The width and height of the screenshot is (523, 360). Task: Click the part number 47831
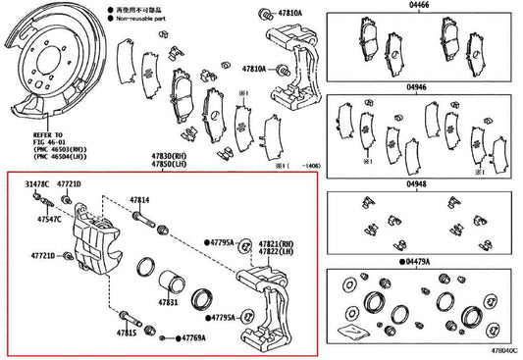coord(168,304)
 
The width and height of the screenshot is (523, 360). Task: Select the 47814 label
coord(140,201)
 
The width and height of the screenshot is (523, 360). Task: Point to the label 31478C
coord(37,184)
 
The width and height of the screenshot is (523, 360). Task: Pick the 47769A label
coord(192,337)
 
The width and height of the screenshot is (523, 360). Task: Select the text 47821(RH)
coord(276,242)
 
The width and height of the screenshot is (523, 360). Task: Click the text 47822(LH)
coord(276,252)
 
